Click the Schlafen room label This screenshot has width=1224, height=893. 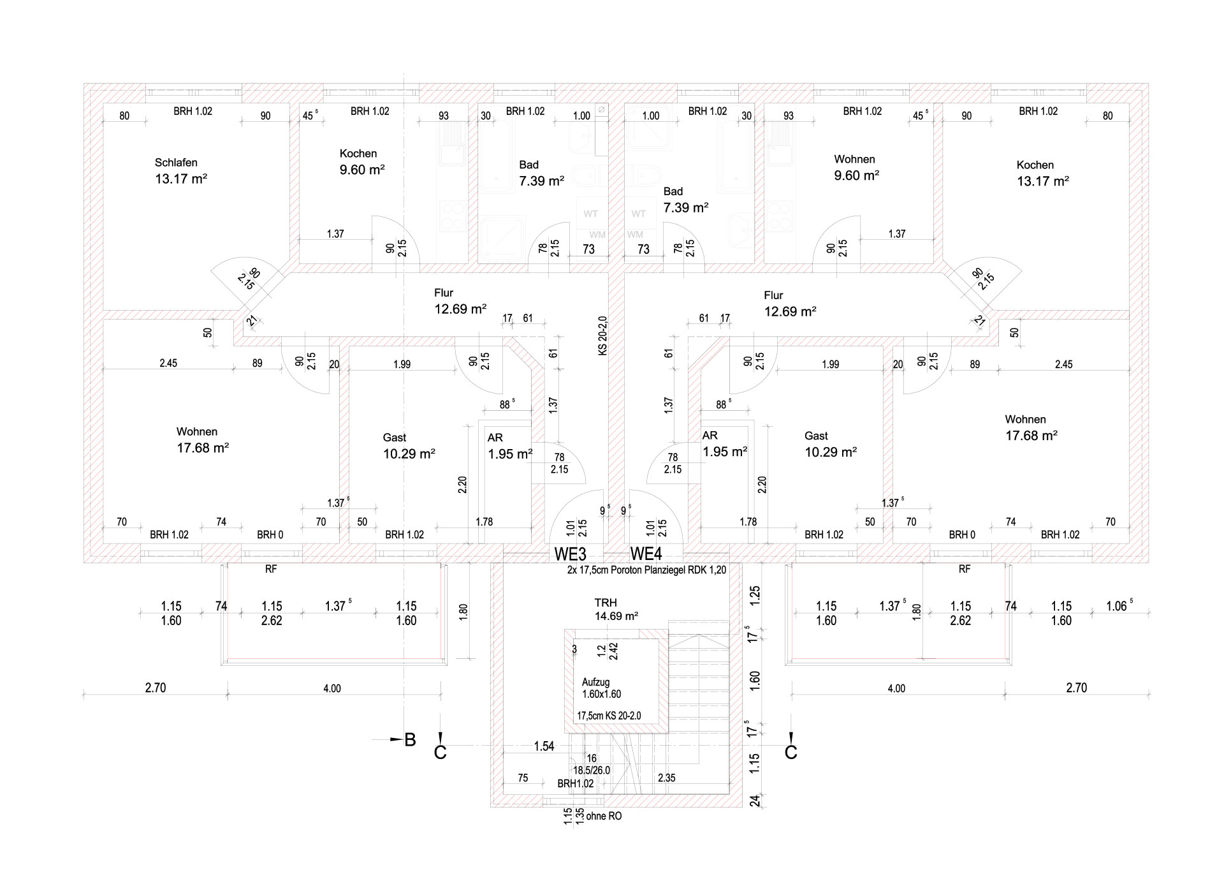coord(176,163)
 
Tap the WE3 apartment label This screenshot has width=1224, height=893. coord(570,554)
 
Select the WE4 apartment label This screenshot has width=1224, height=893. coord(646,554)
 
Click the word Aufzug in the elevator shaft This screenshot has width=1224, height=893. coord(595,682)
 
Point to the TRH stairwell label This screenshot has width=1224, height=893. coord(606,602)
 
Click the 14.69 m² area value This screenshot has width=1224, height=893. coord(616,616)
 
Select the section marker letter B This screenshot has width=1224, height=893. coord(410,739)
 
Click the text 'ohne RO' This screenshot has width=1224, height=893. coord(604,816)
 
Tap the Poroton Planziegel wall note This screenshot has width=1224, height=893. coord(646,570)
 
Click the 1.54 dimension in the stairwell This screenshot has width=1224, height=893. coord(544,746)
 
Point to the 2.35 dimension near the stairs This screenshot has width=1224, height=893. coord(666,778)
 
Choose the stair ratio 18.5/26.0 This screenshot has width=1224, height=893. coord(591,771)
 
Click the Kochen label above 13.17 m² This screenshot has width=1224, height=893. coord(1035,165)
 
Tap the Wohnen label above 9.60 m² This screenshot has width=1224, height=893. coord(854,159)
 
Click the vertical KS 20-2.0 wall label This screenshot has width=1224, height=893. coord(603,336)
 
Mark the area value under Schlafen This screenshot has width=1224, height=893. coord(181,179)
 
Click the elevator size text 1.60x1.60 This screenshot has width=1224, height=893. coord(601,694)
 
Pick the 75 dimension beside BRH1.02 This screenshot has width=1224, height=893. coord(523,778)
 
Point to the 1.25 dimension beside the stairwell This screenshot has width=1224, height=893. coord(755,596)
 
